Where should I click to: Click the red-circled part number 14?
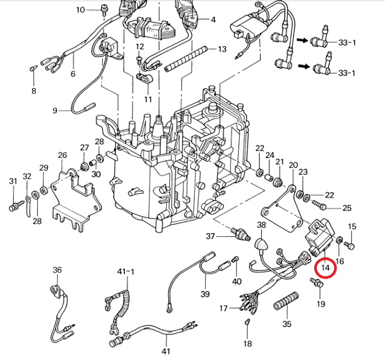click(326, 268)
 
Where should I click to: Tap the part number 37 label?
click(211, 236)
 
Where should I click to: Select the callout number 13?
click(222, 49)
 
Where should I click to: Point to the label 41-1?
click(125, 272)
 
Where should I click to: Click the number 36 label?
click(58, 269)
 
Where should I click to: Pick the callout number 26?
click(62, 155)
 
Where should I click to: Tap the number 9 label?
click(55, 110)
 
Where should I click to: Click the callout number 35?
click(287, 324)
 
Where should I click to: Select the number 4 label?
click(213, 20)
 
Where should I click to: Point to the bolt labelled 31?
click(13, 207)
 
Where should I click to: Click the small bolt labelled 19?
click(317, 283)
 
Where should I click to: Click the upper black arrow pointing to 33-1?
click(301, 40)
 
